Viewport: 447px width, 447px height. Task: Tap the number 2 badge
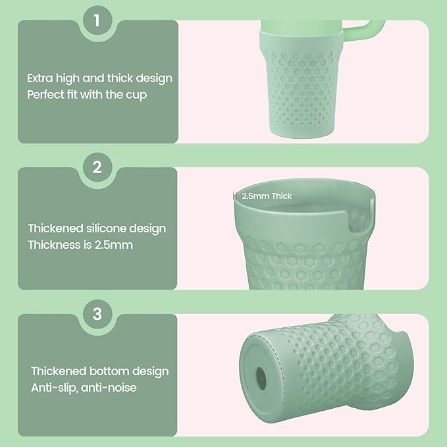(97, 167)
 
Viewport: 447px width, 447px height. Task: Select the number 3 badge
(97, 314)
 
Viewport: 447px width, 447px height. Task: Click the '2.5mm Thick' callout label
(267, 196)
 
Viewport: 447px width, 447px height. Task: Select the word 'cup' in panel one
(136, 94)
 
